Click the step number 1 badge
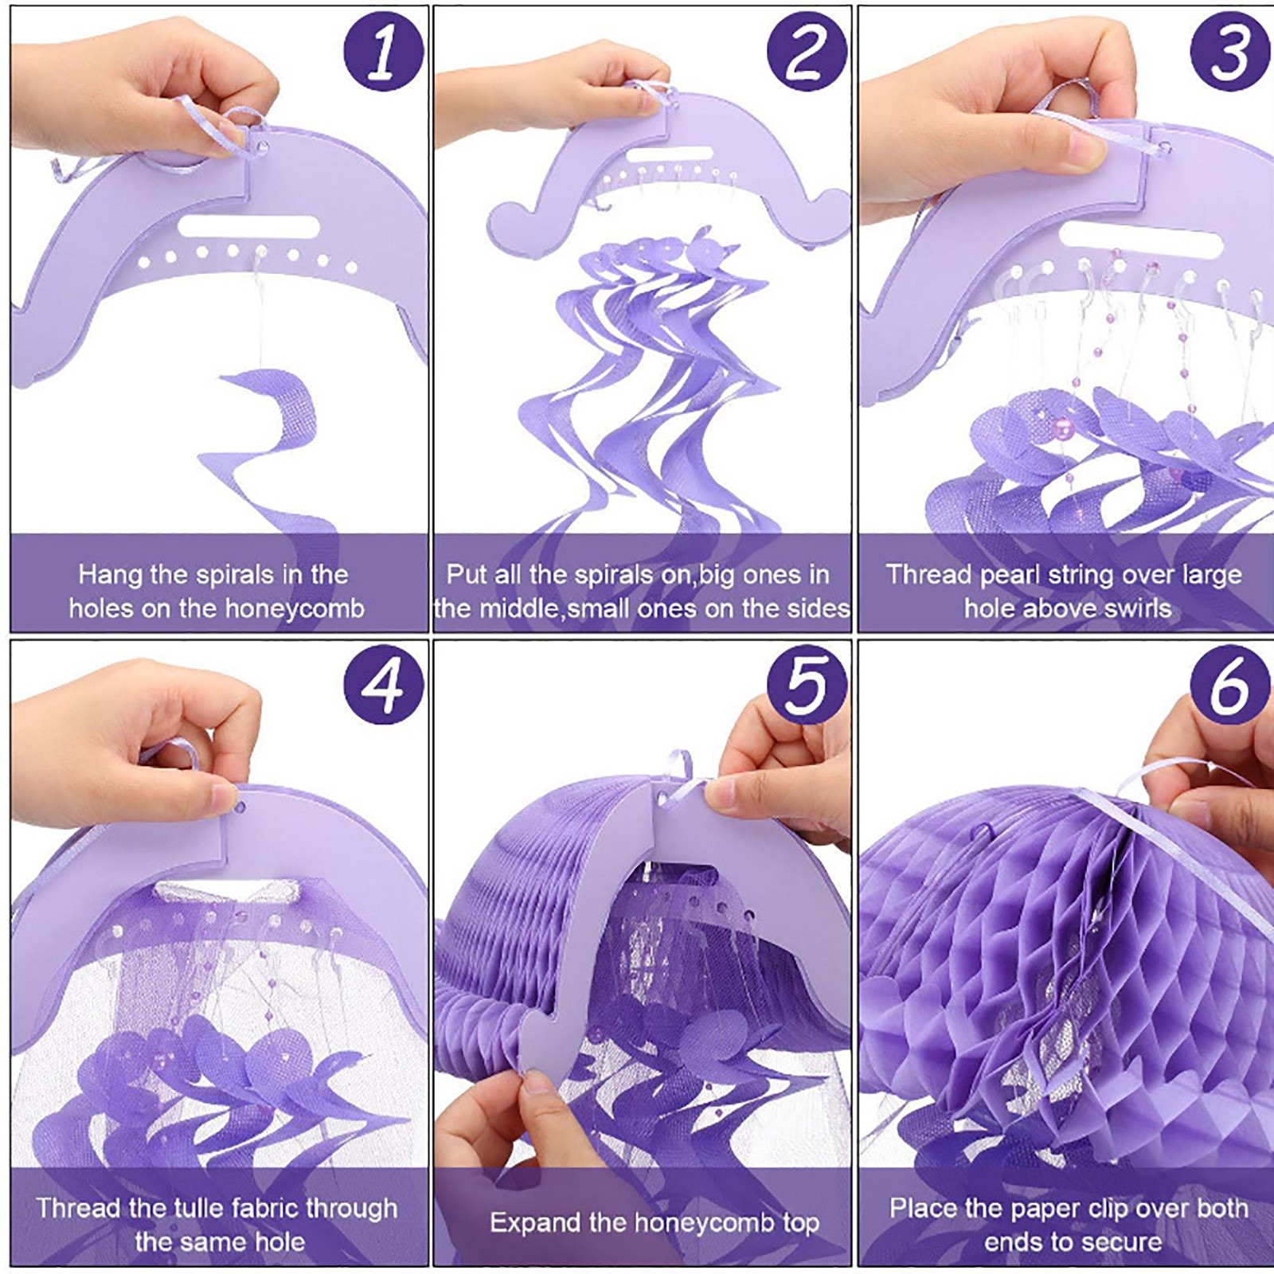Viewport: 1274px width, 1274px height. tap(383, 52)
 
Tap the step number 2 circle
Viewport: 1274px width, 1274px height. tap(807, 52)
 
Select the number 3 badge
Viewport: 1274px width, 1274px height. tap(1230, 52)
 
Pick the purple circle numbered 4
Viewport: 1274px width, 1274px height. tap(383, 685)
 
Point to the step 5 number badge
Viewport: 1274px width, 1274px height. tap(807, 685)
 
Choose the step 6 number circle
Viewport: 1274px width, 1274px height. tap(1230, 685)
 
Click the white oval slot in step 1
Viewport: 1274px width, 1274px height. tap(248, 226)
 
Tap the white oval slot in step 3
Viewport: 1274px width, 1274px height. tap(1140, 240)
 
